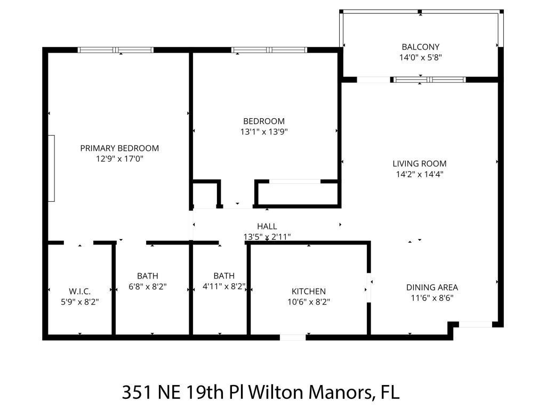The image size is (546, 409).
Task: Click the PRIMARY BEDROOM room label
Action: click(x=119, y=148)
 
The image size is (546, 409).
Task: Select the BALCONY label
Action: click(x=421, y=47)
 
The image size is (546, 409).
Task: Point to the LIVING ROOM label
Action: click(x=420, y=163)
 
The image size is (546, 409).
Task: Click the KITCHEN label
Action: click(x=308, y=291)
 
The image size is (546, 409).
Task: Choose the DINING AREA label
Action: click(x=432, y=288)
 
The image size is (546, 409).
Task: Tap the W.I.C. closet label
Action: click(x=79, y=291)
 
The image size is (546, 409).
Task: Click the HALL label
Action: click(x=267, y=226)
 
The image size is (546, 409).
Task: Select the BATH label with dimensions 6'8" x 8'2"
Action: click(x=148, y=276)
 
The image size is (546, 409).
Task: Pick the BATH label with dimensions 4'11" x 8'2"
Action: click(x=224, y=276)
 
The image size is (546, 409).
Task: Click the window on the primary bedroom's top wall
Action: click(x=116, y=50)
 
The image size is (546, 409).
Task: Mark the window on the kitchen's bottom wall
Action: click(x=293, y=337)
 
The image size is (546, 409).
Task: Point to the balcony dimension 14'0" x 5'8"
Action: click(x=421, y=58)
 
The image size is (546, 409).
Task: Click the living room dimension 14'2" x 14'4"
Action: click(x=420, y=174)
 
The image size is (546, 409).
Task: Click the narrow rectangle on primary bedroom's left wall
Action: click(x=52, y=168)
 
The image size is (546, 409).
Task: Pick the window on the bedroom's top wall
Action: click(x=269, y=50)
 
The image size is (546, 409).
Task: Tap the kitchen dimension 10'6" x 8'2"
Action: click(x=308, y=301)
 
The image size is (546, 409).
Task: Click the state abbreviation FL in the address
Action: click(x=389, y=392)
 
